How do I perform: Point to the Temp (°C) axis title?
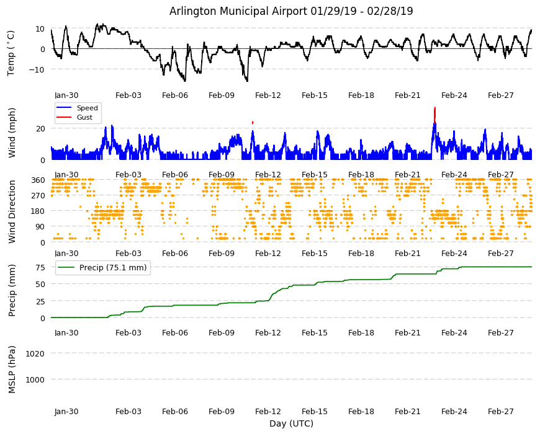pyautogui.click(x=11, y=53)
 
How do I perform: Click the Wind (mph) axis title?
pyautogui.click(x=12, y=133)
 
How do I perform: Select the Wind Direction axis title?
pyautogui.click(x=12, y=212)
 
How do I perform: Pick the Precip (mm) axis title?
pyautogui.click(x=12, y=290)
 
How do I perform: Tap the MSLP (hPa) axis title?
pyautogui.click(x=12, y=370)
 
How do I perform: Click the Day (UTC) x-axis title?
pyautogui.click(x=291, y=423)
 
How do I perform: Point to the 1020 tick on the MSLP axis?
pyautogui.click(x=35, y=353)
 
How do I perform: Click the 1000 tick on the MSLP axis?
pyautogui.click(x=35, y=379)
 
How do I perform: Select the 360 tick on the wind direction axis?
pyautogui.click(x=38, y=180)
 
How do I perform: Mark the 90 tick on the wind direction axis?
pyautogui.click(x=40, y=227)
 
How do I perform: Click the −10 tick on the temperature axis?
pyautogui.click(x=37, y=69)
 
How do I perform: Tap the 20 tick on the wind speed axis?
pyautogui.click(x=40, y=128)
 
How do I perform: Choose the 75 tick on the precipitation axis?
pyautogui.click(x=40, y=268)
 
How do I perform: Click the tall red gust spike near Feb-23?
pyautogui.click(x=435, y=114)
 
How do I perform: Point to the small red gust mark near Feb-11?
pyautogui.click(x=253, y=122)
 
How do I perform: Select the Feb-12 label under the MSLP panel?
pyautogui.click(x=268, y=412)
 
